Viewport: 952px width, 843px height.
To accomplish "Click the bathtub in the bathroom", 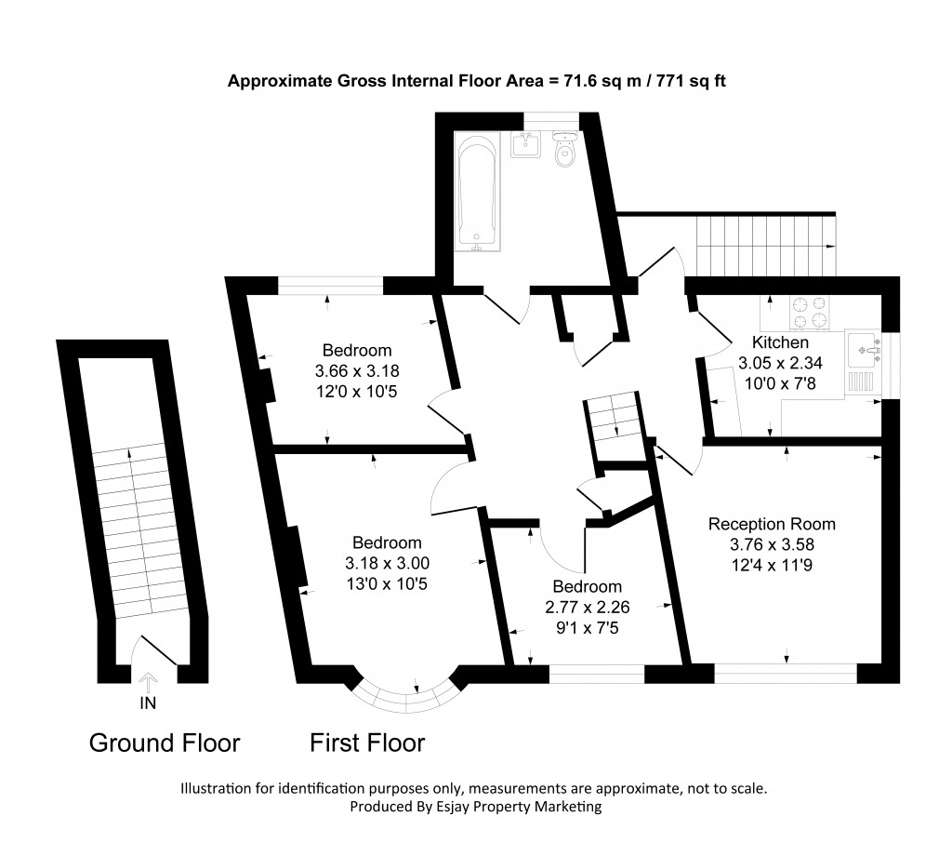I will click(x=478, y=193).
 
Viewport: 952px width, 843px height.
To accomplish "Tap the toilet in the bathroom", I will click(x=564, y=151).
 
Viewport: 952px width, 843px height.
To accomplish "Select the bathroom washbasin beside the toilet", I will click(x=527, y=144).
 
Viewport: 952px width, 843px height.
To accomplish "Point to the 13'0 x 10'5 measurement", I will click(x=387, y=583).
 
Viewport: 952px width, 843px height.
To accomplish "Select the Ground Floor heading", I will click(x=165, y=743).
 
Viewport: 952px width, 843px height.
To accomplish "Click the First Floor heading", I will click(x=367, y=743).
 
